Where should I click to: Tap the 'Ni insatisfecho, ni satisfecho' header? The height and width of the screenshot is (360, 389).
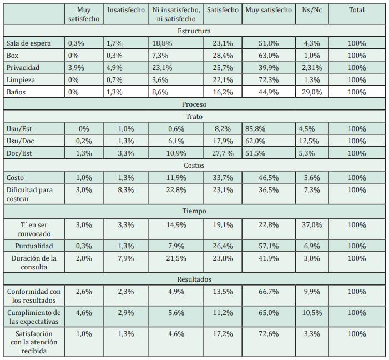176,14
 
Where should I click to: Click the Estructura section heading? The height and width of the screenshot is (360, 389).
194,31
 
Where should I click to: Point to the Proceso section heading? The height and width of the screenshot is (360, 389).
194,104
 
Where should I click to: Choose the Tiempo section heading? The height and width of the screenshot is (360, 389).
194,211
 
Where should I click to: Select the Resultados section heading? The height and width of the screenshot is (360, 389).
194,279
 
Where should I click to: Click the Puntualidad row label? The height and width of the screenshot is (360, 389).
34,246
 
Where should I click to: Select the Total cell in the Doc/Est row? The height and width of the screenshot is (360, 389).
357,153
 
